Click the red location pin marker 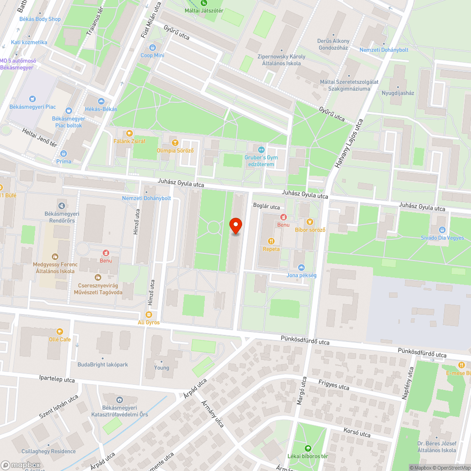click(x=235, y=226)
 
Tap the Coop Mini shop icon click(x=152, y=48)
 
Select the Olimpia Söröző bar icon click(x=175, y=143)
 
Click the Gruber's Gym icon click(x=261, y=149)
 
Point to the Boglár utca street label click(x=266, y=207)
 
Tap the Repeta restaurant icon click(x=271, y=241)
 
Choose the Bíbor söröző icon click(x=309, y=222)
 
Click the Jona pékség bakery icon click(x=301, y=267)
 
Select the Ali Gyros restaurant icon click(x=149, y=315)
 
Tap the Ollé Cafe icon click(x=59, y=332)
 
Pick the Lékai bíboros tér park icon click(x=308, y=448)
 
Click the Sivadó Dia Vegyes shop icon click(x=442, y=230)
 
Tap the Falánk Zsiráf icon click(x=129, y=133)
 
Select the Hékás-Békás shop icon click(x=101, y=101)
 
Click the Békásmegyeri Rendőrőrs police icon click(x=62, y=205)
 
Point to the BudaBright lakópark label click(x=103, y=365)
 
